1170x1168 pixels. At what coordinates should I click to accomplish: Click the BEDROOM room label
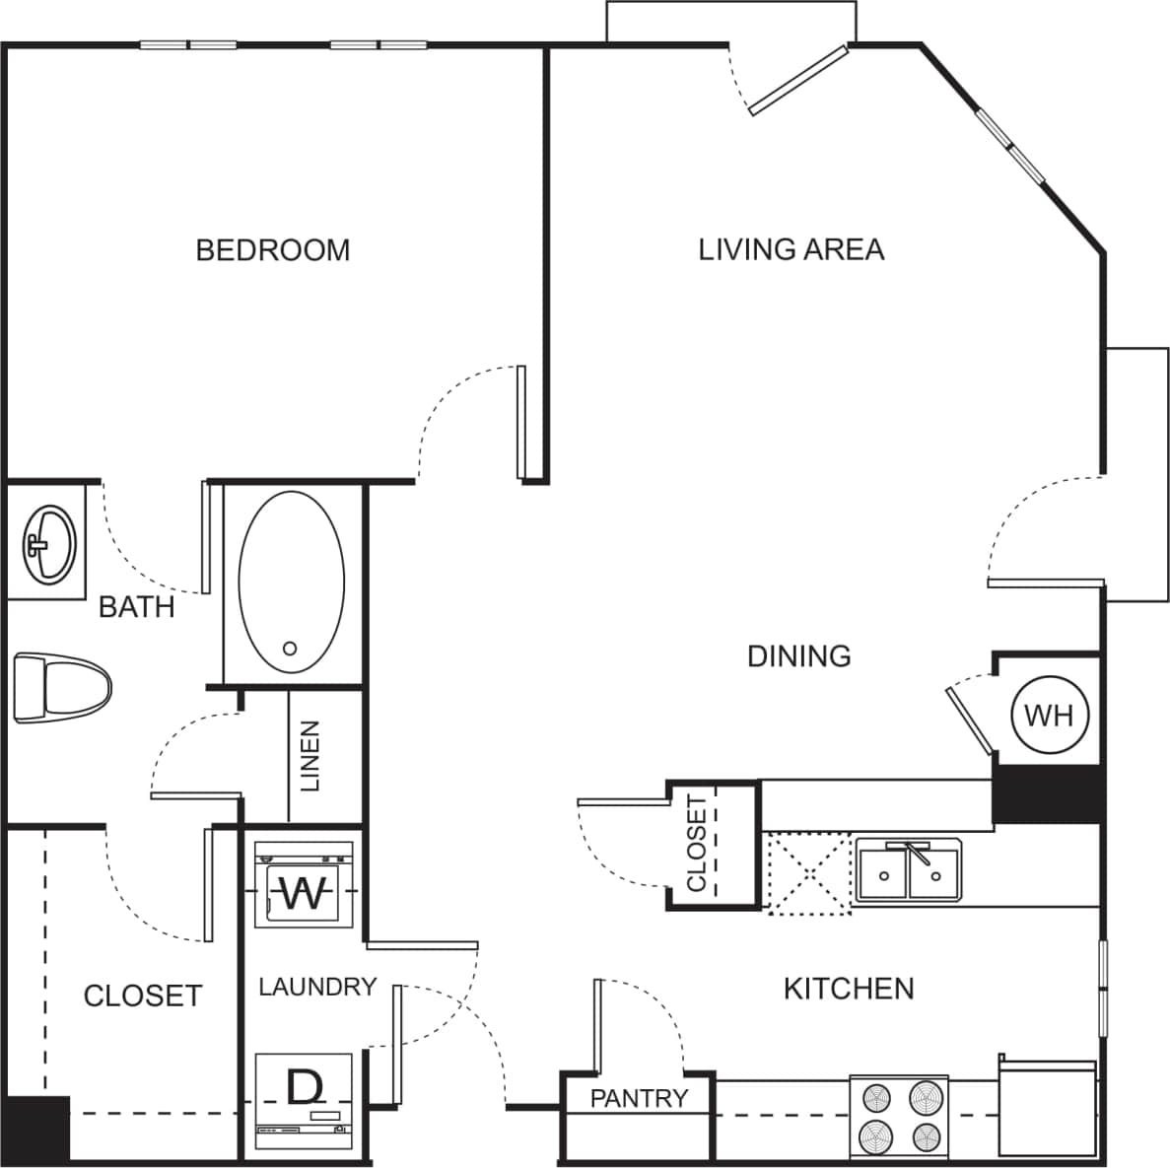[273, 250]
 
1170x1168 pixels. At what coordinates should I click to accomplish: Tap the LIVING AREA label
[791, 250]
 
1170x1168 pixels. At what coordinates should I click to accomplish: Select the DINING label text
[798, 656]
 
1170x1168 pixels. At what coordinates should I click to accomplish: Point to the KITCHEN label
[848, 989]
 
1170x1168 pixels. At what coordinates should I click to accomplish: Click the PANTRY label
[639, 1098]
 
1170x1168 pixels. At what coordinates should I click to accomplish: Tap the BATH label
[137, 607]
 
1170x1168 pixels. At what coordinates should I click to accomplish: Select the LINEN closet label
[310, 757]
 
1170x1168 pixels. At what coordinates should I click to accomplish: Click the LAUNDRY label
[317, 987]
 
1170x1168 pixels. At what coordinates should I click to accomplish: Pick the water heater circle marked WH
[1049, 715]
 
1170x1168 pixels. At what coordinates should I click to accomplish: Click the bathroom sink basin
[48, 543]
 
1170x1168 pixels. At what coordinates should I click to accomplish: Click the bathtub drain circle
[290, 649]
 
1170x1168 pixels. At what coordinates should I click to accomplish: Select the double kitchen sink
[909, 870]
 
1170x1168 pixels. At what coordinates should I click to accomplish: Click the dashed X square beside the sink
[808, 873]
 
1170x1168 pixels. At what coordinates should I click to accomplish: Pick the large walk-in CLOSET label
[143, 996]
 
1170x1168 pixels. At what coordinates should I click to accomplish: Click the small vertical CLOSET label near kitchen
[696, 844]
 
